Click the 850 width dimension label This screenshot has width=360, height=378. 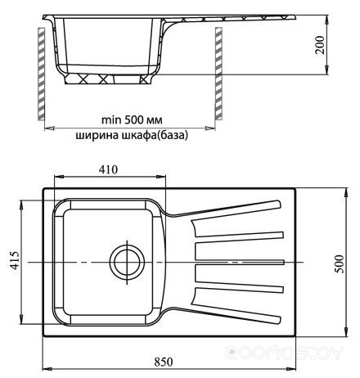164,362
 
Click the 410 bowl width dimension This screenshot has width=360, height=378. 108,169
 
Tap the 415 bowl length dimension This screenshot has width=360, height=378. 15,260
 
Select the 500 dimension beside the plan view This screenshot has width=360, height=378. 340,263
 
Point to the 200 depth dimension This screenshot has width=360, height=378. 320,45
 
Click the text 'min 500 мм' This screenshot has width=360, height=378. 132,119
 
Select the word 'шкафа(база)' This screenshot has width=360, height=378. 154,135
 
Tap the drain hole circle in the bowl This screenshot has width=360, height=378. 127,262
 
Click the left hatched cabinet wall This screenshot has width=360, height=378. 41,74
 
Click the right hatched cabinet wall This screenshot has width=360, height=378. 218,74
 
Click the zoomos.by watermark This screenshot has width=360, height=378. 284,353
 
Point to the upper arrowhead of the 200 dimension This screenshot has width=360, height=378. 326,20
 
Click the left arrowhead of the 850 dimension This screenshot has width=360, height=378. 47,369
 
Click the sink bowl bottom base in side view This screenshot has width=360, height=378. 108,79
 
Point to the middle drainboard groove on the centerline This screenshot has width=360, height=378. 240,262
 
